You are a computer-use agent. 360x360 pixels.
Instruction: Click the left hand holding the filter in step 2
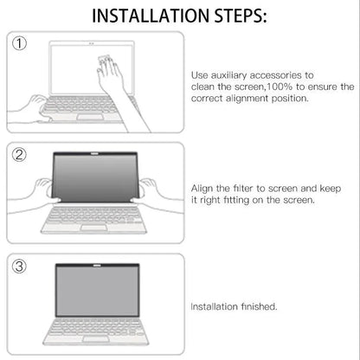pos(41,190)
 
